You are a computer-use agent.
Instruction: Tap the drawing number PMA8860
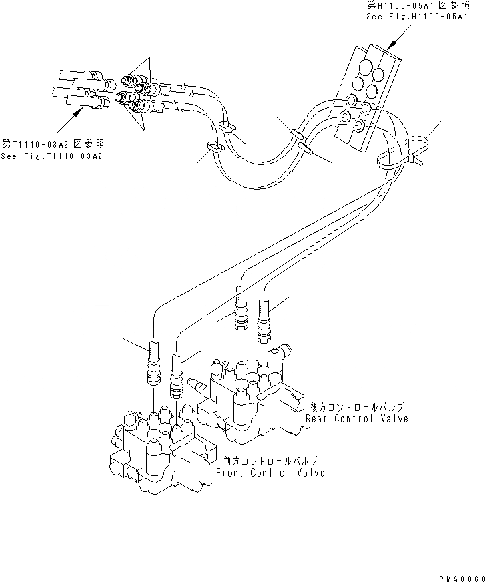(x=460, y=575)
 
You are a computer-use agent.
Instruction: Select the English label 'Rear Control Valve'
(x=356, y=418)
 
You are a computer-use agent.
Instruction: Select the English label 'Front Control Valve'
(x=270, y=473)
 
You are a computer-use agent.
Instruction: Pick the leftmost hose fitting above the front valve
(x=153, y=364)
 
